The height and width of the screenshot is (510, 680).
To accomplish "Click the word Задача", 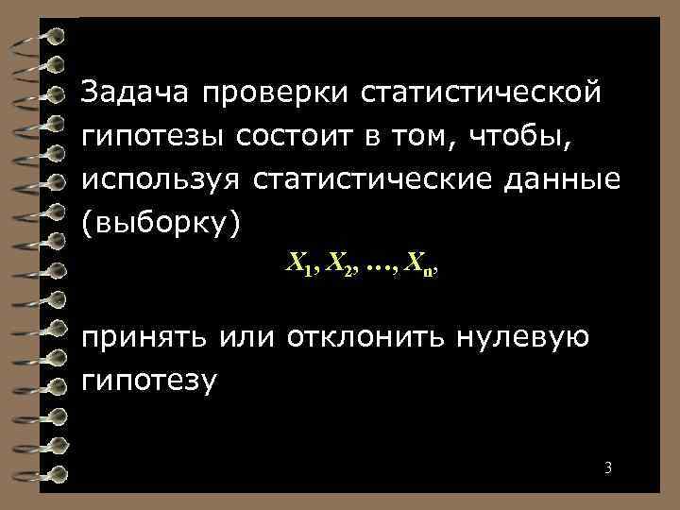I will pyautogui.click(x=134, y=93).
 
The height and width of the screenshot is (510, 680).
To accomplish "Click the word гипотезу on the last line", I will pyautogui.click(x=150, y=382).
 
